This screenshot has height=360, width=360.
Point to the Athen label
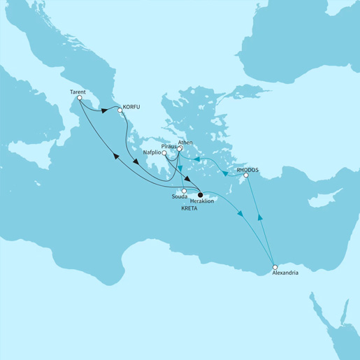(x=175, y=141)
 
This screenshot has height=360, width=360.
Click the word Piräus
(x=170, y=147)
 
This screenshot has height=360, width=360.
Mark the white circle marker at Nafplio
(x=164, y=152)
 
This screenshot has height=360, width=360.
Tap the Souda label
(x=179, y=198)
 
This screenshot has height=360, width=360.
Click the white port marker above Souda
(x=184, y=191)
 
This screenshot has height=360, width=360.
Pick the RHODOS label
(x=248, y=169)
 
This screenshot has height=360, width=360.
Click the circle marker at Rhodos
(x=245, y=176)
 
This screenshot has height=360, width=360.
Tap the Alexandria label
(x=285, y=274)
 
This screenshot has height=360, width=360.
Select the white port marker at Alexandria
(x=275, y=266)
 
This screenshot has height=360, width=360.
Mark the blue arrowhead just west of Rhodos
(x=225, y=174)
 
